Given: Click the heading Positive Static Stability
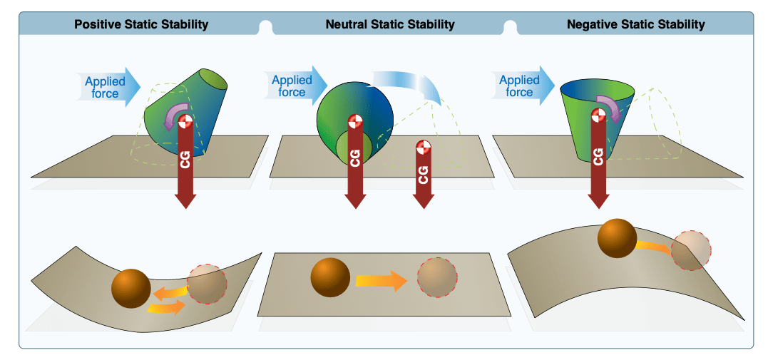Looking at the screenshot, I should pyautogui.click(x=141, y=24).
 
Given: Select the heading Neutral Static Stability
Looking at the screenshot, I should pyautogui.click(x=389, y=24).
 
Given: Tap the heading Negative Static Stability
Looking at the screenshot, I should pyautogui.click(x=635, y=24).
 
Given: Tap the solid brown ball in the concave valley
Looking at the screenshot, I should pyautogui.click(x=131, y=289).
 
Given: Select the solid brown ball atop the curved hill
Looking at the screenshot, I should pyautogui.click(x=617, y=238).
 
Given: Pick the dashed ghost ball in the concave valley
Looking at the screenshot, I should pyautogui.click(x=207, y=284).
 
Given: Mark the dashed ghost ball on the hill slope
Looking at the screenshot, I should pyautogui.click(x=691, y=250).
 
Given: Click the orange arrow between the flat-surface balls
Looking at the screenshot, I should pyautogui.click(x=382, y=281).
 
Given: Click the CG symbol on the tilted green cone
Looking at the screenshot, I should pyautogui.click(x=185, y=122).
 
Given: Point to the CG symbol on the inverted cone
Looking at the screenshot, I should pyautogui.click(x=597, y=115).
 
